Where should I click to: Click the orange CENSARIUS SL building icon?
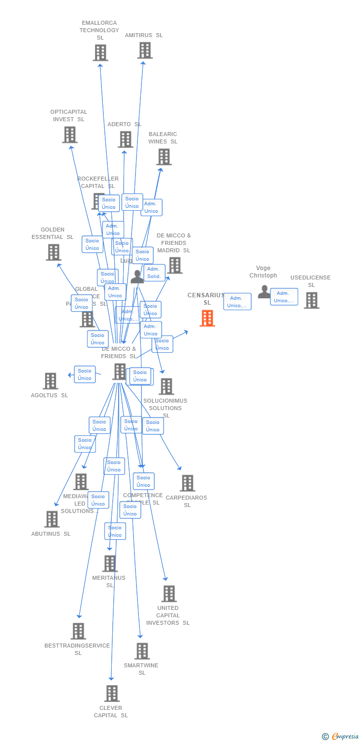click(x=207, y=318)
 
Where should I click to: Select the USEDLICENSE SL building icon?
click(x=312, y=300)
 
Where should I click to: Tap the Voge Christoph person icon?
click(x=264, y=292)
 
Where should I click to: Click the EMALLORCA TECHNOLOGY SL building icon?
click(x=100, y=52)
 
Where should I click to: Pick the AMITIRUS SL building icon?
click(x=145, y=50)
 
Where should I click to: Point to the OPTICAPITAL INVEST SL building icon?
click(x=70, y=135)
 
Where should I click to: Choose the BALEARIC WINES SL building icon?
click(x=164, y=157)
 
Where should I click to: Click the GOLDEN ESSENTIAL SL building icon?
click(x=53, y=252)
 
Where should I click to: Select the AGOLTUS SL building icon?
click(x=50, y=381)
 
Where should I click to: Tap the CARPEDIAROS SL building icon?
click(x=187, y=483)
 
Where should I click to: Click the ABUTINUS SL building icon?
click(x=52, y=519)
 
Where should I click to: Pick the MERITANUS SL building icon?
click(x=110, y=563)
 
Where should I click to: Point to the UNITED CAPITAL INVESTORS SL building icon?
click(x=169, y=594)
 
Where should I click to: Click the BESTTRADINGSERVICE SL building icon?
click(x=78, y=631)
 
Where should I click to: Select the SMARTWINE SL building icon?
click(x=142, y=651)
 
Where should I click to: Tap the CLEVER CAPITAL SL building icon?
click(x=112, y=694)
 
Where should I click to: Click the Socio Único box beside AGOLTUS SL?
click(x=85, y=374)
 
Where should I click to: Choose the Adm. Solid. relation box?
click(x=154, y=273)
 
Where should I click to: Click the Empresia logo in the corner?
click(x=341, y=737)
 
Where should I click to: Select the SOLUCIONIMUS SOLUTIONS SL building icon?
click(x=166, y=386)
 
